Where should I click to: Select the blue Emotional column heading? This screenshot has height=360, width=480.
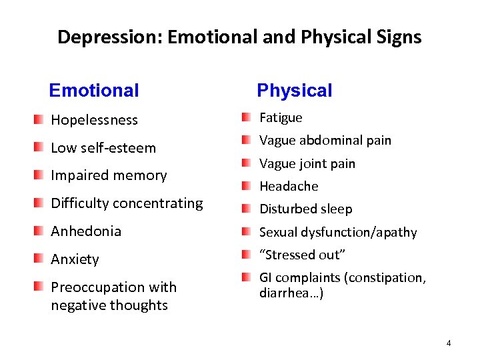click(94, 90)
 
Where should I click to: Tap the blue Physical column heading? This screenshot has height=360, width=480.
click(294, 90)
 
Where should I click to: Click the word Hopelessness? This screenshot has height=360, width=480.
click(94, 120)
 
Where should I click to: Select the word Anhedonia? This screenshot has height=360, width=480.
click(86, 231)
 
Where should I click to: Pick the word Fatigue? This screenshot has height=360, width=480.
click(281, 117)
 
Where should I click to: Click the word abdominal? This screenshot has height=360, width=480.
click(327, 140)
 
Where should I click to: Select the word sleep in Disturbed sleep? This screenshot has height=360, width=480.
click(337, 209)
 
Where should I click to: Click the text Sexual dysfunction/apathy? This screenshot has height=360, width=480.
click(337, 232)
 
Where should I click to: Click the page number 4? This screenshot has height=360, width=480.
click(449, 343)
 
